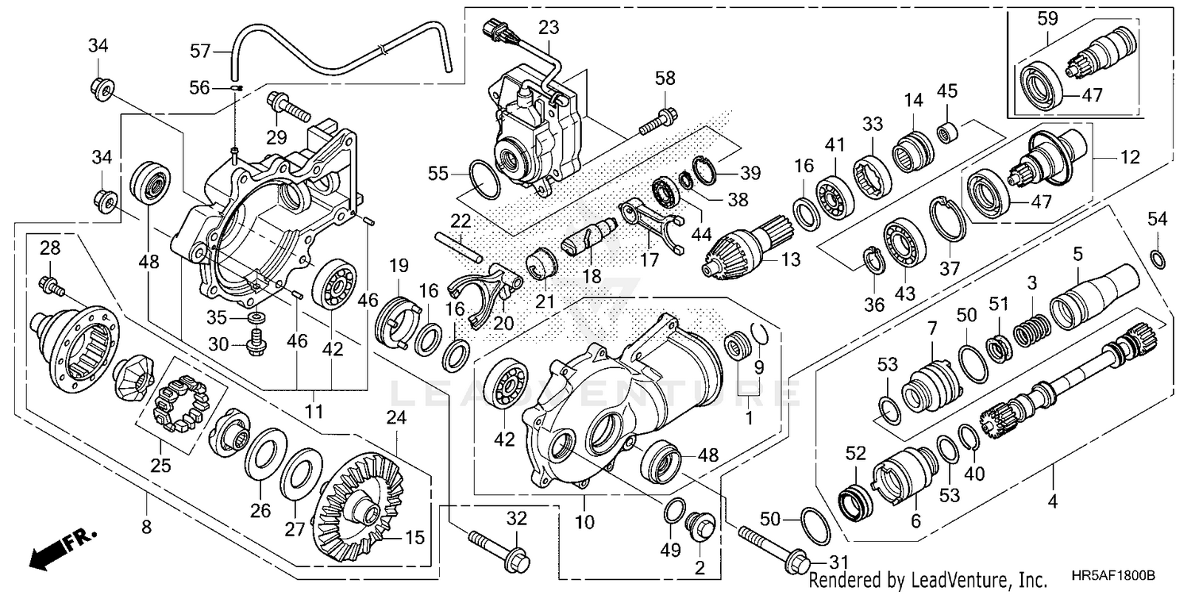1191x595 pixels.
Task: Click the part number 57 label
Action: click(199, 52)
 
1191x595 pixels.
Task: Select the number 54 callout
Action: click(1158, 219)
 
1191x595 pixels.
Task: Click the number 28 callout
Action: click(50, 248)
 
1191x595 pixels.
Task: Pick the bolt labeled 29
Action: click(287, 106)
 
